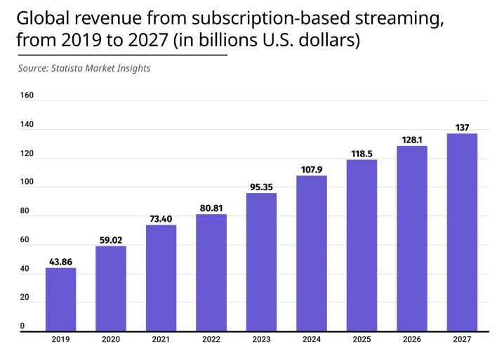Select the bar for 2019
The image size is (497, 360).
[61, 299]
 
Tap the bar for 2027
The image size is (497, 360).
[462, 232]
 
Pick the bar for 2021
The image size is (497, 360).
[161, 277]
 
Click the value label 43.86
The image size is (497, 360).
[61, 262]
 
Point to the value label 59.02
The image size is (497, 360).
[111, 239]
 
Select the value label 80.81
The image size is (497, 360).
[211, 208]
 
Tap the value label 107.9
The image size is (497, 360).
[312, 169]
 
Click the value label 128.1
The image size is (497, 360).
[412, 140]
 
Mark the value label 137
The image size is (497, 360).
[462, 128]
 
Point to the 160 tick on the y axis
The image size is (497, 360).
[27, 95]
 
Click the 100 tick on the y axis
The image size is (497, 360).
[27, 182]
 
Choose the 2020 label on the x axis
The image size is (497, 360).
[111, 340]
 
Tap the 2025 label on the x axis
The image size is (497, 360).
[362, 340]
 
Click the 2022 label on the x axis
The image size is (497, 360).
[211, 340]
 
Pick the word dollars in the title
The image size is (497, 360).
[331, 40]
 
